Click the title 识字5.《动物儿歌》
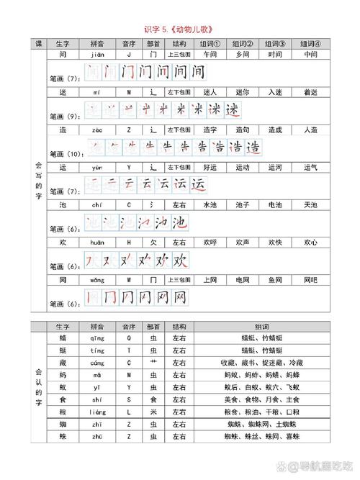(179, 29)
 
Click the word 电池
(275, 205)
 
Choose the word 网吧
(310, 280)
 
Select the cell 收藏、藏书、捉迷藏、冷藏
(261, 363)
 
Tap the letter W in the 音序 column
(129, 280)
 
